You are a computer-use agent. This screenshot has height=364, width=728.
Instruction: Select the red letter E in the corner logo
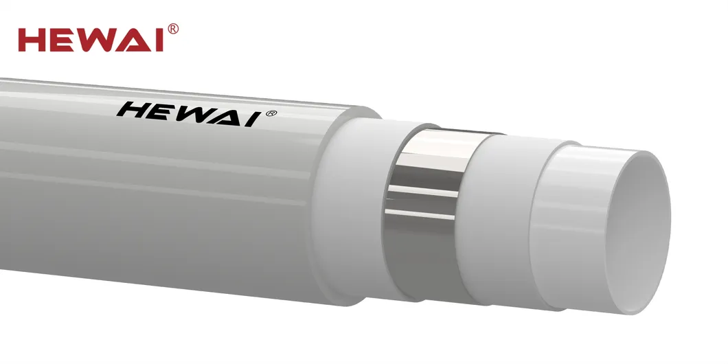coord(65,40)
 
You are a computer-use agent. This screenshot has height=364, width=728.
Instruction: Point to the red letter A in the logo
coord(136,40)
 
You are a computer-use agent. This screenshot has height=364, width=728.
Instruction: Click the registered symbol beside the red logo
coord(173,28)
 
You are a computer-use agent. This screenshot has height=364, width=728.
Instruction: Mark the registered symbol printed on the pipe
coord(271,113)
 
